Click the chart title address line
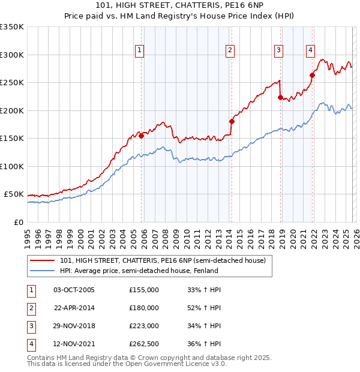(x=179, y=5)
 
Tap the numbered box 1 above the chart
(x=139, y=51)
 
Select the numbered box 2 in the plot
(x=230, y=51)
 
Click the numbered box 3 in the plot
(x=279, y=51)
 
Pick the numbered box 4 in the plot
(x=310, y=51)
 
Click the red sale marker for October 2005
(x=142, y=136)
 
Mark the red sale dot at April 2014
(x=232, y=121)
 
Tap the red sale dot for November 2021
(x=312, y=75)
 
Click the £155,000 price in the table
(x=144, y=290)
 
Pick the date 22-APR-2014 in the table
(x=74, y=308)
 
